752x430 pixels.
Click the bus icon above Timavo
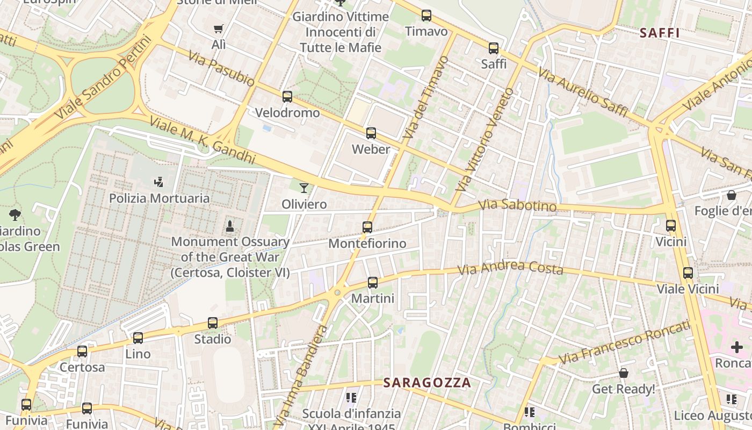(x=426, y=16)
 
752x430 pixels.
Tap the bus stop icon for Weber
(x=371, y=133)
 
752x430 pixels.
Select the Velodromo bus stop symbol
(x=287, y=97)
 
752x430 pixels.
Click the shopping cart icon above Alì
(x=218, y=29)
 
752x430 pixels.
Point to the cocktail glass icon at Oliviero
(x=304, y=188)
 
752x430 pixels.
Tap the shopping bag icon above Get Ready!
(x=624, y=372)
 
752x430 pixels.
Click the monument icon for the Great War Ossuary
(x=230, y=226)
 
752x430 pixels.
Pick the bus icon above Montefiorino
(x=367, y=227)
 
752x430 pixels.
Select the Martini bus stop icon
(x=373, y=283)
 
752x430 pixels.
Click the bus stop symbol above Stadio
(x=213, y=323)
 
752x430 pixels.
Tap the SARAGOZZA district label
(x=427, y=383)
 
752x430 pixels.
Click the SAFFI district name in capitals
(x=660, y=33)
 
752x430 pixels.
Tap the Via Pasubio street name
(x=221, y=68)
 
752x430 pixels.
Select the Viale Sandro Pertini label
(x=100, y=78)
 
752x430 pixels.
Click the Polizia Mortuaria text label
(x=160, y=198)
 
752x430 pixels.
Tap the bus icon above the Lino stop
(x=138, y=338)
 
